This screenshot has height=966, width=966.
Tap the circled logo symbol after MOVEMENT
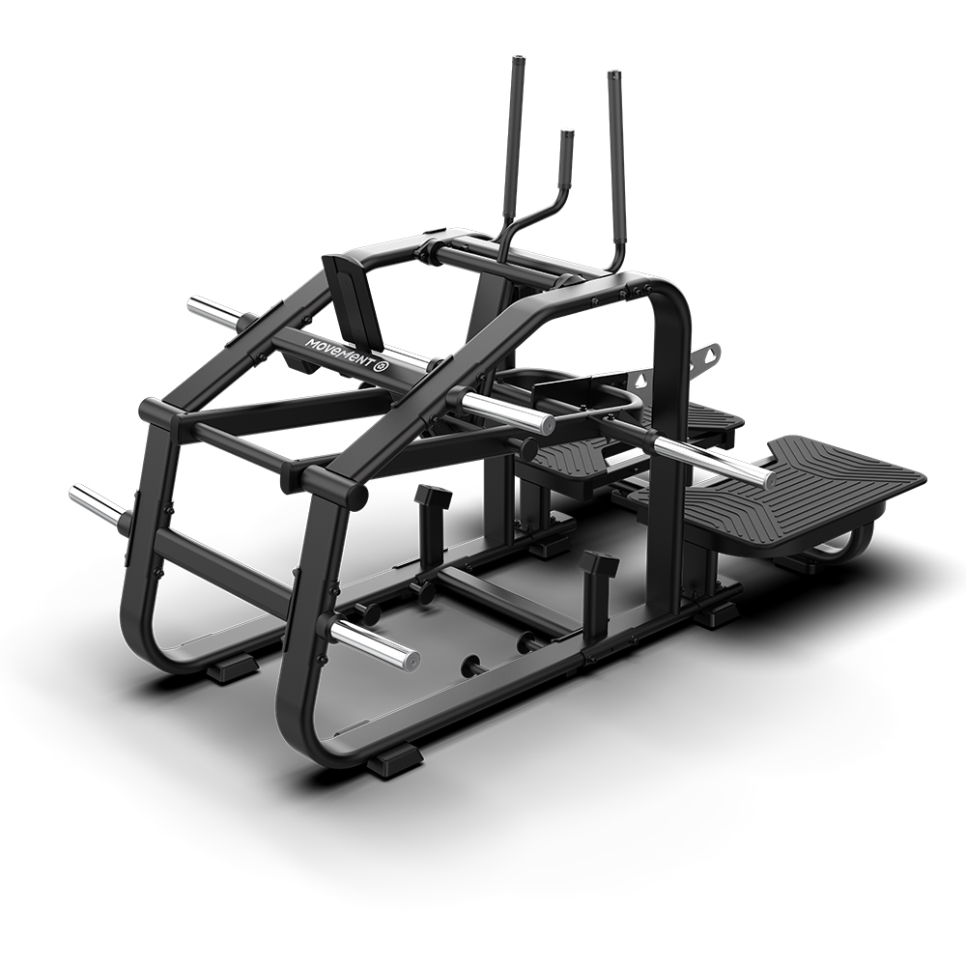382,367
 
